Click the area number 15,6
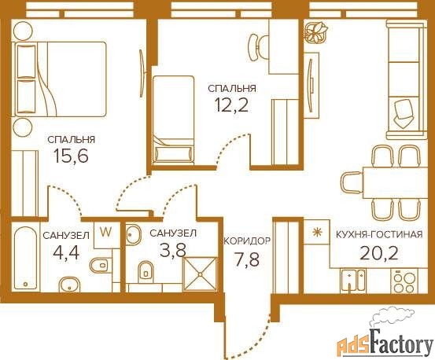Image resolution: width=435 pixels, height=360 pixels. point(71,156)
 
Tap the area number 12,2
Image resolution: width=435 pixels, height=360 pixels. point(231,105)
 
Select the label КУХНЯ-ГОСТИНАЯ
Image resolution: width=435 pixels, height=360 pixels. point(379,234)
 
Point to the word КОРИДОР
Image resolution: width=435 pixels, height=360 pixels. point(247,241)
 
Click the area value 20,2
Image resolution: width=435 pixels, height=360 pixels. point(379,253)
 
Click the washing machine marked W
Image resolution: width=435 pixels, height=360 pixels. point(105,233)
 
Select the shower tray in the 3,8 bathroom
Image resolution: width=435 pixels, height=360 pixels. point(200,274)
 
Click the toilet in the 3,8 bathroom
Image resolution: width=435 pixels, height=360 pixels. point(146,270)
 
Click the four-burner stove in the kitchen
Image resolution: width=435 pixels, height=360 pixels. point(405,281)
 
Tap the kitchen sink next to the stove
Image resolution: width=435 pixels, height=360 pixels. point(353,281)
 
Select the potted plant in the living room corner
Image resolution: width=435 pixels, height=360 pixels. point(316,32)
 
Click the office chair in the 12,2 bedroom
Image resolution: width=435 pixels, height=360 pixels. point(259,48)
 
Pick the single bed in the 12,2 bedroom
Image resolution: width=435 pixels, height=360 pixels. point(173,120)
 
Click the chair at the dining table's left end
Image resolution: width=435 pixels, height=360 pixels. point(351,182)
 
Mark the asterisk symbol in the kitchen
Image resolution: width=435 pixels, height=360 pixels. point(315,232)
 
